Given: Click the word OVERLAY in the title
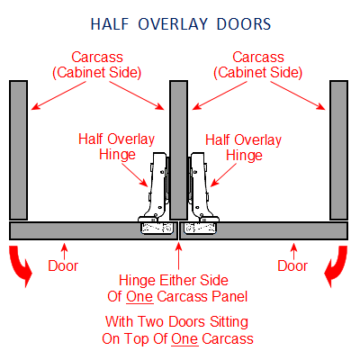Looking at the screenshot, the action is click(173, 24).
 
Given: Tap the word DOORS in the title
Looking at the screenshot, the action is click(244, 24).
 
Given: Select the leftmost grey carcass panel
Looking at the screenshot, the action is click(19, 150).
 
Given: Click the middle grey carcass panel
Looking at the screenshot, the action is click(179, 150).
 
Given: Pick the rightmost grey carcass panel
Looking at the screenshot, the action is click(339, 150).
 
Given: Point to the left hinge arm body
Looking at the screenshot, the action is click(157, 187).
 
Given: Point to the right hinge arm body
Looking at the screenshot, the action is click(200, 187).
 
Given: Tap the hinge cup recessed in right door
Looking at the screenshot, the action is click(200, 229).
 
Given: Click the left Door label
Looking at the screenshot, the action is click(63, 266).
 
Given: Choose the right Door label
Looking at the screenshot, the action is click(292, 266).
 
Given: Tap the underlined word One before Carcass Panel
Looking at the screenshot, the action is click(139, 297).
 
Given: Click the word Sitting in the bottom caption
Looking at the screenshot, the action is click(229, 322).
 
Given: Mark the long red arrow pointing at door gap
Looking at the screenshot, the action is click(179, 256).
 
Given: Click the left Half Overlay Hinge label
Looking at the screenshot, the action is click(117, 147).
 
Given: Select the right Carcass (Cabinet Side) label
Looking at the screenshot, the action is click(258, 65).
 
